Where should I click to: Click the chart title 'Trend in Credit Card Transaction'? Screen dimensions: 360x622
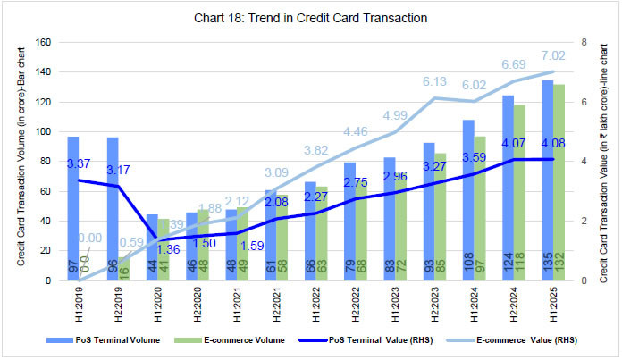click(311, 17)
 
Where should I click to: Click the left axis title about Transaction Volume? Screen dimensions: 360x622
click(21, 161)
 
